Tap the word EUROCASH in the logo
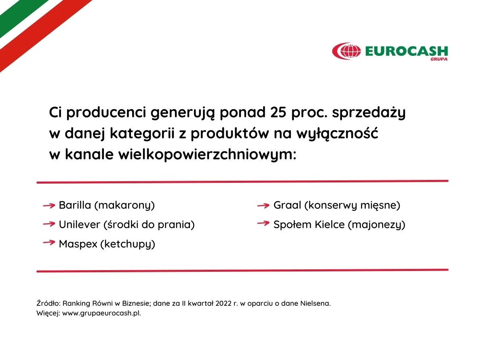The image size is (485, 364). [x=406, y=51]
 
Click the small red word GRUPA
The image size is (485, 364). [x=439, y=59]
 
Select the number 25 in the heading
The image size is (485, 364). [x=278, y=112]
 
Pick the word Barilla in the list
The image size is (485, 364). [x=75, y=205]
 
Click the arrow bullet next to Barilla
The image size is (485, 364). [x=49, y=205]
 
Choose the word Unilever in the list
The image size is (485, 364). [x=80, y=224]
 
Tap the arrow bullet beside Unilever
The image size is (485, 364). [x=49, y=224]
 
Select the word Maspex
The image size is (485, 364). [x=78, y=244]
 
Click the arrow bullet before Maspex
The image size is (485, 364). [x=49, y=242]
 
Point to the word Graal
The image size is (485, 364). [x=287, y=205]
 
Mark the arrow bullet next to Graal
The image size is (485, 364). [x=263, y=205]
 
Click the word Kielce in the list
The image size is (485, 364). [x=330, y=224]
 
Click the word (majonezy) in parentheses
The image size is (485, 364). [x=377, y=225]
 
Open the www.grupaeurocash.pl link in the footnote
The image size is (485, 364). [x=101, y=313]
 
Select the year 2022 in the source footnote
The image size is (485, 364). [x=223, y=303]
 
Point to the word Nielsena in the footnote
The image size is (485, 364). [x=315, y=303]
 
